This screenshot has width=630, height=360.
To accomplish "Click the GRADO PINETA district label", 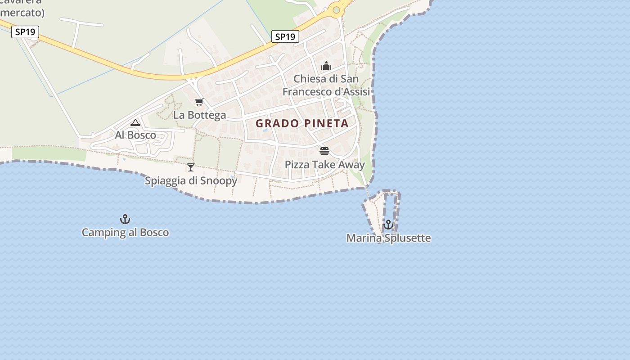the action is (x=302, y=123).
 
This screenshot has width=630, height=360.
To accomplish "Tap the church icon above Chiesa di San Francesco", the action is (x=326, y=66).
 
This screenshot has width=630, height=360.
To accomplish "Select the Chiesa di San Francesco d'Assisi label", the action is (x=326, y=85).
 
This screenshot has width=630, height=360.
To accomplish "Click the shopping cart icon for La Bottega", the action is (x=199, y=102).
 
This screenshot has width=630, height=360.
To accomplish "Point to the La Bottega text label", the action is (x=199, y=115).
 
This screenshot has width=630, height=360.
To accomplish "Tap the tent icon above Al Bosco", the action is (x=135, y=122).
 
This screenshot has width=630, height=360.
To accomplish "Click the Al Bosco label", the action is (x=135, y=135).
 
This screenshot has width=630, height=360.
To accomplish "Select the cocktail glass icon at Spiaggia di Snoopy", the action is (x=191, y=167).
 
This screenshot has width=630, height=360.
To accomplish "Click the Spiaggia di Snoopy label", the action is (x=191, y=181).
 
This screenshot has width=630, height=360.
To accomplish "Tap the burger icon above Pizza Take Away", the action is (x=324, y=151).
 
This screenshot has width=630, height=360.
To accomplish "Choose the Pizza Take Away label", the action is (x=324, y=165).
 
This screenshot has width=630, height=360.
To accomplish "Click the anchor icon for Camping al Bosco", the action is (x=125, y=219).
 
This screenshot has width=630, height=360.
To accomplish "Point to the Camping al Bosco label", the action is (x=125, y=233).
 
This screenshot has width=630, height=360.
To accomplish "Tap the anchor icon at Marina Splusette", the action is (x=388, y=225).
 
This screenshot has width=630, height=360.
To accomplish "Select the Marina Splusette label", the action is (x=388, y=238).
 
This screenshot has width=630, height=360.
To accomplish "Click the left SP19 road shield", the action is (x=25, y=32).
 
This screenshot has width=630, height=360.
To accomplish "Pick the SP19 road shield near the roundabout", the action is (x=285, y=37).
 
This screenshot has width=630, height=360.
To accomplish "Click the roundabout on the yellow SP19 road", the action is (x=336, y=10).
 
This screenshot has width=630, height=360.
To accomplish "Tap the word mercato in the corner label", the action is (x=22, y=13).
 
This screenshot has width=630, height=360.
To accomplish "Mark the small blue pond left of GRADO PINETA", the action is (x=265, y=130).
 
